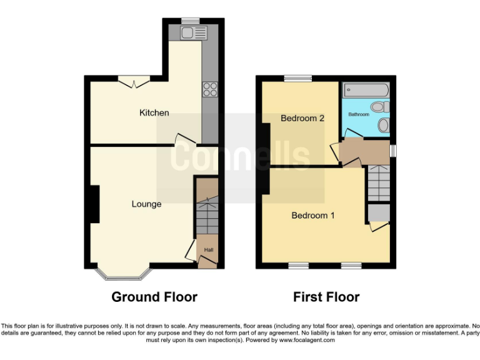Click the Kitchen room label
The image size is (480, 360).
[154, 113]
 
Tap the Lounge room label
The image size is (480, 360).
[146, 204]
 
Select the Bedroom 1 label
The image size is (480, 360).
[313, 216]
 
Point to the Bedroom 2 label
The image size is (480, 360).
[302, 118]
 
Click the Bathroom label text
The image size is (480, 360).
[359, 114]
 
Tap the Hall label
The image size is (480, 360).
[208, 251]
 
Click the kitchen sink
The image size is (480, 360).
[188, 33]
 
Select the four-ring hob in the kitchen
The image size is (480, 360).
[209, 89]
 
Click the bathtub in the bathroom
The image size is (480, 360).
[367, 90]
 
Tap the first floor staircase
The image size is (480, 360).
[378, 182]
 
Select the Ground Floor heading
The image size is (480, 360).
[154, 297]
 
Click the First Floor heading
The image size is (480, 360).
[326, 297]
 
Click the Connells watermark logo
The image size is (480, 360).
[241, 156]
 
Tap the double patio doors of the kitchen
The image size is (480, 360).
[134, 81]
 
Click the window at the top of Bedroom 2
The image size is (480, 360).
[294, 78]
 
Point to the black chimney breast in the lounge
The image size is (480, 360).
[94, 204]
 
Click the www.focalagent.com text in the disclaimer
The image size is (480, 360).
[307, 341]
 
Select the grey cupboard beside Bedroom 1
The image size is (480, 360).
[377, 213]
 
